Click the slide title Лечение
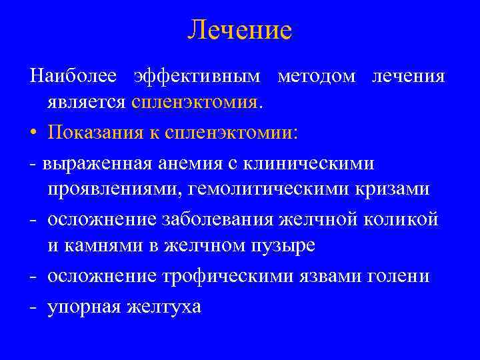240,30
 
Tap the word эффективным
198,76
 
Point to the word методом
317,76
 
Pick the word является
87,103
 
